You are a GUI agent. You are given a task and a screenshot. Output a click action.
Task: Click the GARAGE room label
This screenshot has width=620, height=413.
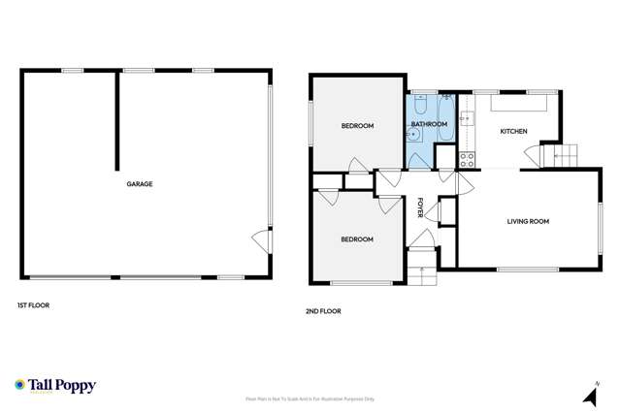[139, 184]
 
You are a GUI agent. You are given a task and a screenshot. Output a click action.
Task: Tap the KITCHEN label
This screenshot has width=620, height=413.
[513, 131]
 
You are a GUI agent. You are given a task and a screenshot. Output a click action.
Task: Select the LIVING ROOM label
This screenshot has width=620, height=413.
[528, 221]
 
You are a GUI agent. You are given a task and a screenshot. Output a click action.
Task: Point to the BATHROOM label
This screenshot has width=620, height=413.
[429, 125]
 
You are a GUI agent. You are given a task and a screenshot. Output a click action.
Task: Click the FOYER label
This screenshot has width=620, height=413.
[421, 206]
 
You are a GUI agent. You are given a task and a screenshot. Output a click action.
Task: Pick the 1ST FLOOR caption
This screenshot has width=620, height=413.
[33, 305]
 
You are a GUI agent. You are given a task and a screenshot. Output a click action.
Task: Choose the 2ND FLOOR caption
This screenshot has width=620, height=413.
[324, 311]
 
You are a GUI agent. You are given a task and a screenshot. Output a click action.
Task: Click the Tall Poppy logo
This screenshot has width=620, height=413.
[54, 385]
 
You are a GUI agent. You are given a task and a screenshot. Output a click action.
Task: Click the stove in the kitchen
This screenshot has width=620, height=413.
[467, 158]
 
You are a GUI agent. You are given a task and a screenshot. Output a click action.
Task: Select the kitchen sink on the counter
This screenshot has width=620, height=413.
[466, 119]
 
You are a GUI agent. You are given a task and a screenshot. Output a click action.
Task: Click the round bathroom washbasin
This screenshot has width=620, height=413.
[413, 137]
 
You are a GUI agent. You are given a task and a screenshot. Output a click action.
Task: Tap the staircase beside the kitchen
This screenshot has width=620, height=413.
[564, 152]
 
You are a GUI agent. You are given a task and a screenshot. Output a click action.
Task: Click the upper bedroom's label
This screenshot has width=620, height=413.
[357, 126]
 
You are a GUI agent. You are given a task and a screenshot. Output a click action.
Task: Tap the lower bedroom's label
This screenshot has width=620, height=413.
[357, 238]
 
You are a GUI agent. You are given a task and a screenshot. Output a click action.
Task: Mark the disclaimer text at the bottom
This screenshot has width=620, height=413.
[310, 398]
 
